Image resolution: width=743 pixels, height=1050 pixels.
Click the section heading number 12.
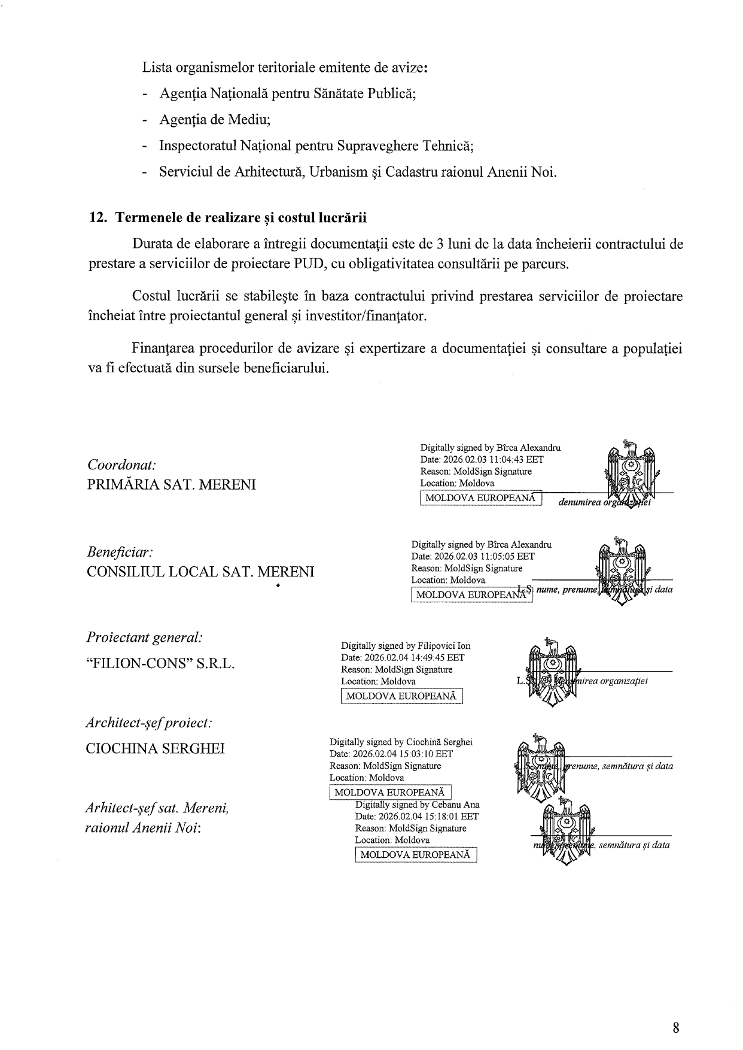point(98,217)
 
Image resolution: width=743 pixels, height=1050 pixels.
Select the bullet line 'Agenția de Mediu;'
point(215,120)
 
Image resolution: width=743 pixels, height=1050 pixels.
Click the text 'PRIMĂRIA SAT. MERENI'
point(171,484)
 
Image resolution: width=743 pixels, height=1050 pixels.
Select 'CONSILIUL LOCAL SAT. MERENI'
point(200,572)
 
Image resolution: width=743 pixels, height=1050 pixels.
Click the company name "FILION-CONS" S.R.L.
point(161,664)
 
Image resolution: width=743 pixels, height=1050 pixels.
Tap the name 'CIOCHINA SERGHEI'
point(156,749)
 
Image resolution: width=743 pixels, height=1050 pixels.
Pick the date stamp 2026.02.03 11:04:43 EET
point(482,459)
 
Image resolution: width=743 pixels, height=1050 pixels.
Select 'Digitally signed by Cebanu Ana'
point(417,805)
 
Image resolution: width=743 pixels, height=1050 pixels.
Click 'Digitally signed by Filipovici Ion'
point(406,646)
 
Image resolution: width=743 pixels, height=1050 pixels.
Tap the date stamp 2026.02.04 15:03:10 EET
point(391,754)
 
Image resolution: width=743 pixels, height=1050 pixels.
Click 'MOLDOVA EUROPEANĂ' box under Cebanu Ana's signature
point(416,855)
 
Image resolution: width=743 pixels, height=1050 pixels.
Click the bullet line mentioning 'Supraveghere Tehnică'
point(316,146)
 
